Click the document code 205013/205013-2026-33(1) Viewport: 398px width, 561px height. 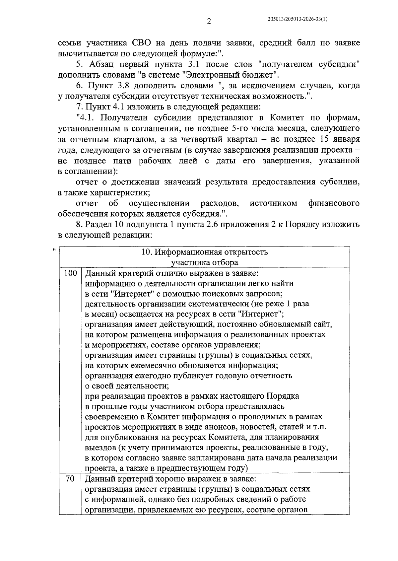298,20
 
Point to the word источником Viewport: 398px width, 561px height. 273,203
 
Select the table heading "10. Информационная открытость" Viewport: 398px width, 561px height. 204,252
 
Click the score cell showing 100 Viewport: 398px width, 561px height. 70,273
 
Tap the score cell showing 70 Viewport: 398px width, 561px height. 70,479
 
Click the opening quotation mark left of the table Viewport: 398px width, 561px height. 53,249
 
